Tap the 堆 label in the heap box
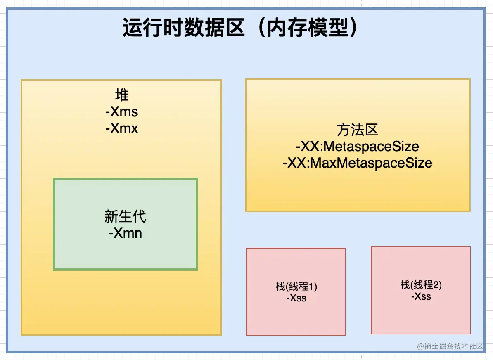(122, 95)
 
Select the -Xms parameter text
(122, 112)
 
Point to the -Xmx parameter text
(122, 128)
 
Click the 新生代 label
(125, 216)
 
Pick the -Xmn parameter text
(125, 233)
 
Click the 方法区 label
(357, 130)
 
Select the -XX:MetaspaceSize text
(357, 147)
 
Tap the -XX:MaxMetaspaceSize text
(357, 163)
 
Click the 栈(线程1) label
(296, 286)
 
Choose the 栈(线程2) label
(421, 284)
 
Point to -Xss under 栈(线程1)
(296, 298)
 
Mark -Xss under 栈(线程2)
(421, 296)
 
